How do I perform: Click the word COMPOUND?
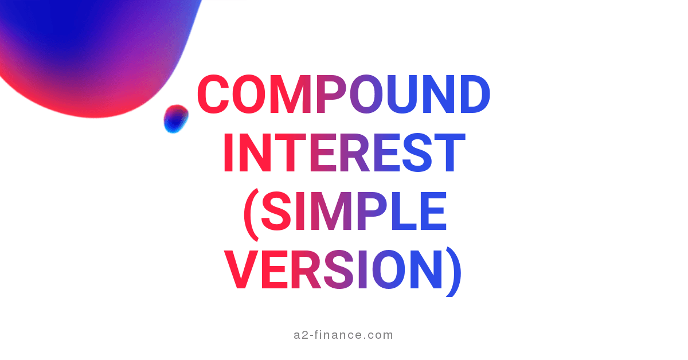344,95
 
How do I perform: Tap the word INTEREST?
343,153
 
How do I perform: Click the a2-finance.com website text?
343,335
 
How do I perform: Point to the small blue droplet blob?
175,119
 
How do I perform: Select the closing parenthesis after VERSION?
454,272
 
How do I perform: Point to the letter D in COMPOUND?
472,95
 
